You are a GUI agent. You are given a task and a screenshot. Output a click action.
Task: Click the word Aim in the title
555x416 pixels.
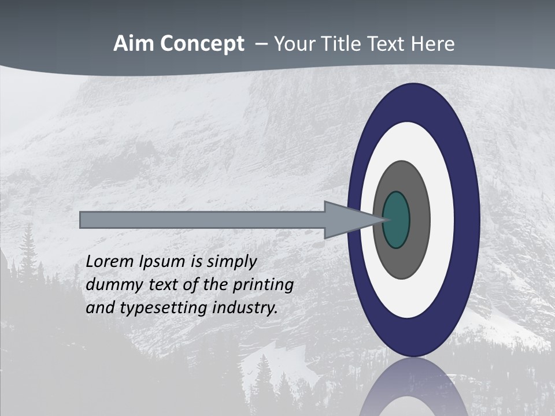tap(134, 44)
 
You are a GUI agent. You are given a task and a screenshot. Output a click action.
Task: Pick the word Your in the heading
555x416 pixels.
tap(294, 44)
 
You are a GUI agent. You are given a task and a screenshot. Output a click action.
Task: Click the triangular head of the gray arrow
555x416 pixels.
tap(347, 220)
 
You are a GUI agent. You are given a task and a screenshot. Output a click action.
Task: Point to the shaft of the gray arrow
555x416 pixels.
tap(202, 220)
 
